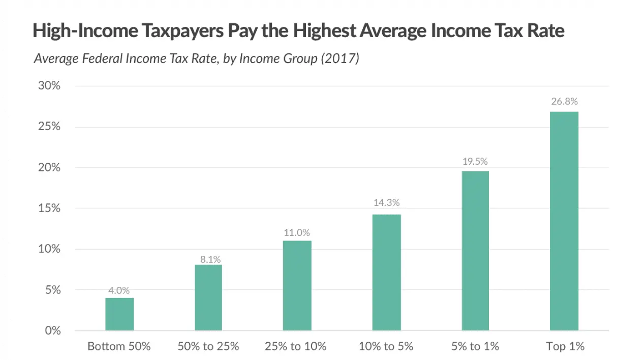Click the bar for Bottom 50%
tap(119, 314)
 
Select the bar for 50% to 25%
tap(208, 297)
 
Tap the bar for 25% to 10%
tap(297, 285)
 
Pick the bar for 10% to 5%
tap(386, 272)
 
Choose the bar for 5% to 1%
tap(475, 251)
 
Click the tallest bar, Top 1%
tap(564, 221)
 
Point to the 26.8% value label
tap(564, 101)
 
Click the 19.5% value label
tap(475, 161)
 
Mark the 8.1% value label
tap(208, 258)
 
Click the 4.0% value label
tap(119, 291)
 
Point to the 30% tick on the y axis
tap(49, 85)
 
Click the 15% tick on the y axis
tap(49, 208)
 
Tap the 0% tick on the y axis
tap(52, 331)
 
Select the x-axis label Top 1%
tap(565, 347)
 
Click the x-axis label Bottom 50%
tap(119, 347)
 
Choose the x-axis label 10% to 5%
tap(386, 347)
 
